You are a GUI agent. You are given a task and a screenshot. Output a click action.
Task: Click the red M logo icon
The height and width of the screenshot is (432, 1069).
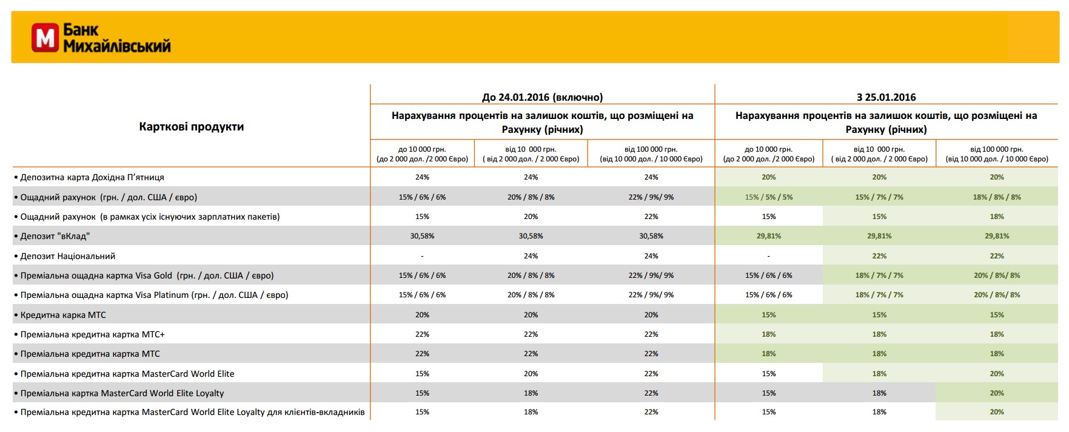click(x=45, y=38)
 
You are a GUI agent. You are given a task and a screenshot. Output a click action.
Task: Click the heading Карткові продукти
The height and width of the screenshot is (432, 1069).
click(x=192, y=127)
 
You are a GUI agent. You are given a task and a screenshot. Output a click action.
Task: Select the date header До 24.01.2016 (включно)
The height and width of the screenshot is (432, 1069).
click(x=543, y=97)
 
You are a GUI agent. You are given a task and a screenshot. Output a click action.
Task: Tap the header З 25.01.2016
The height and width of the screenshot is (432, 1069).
click(x=886, y=97)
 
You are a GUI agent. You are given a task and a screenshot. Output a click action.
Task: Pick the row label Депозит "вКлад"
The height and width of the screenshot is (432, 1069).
click(x=55, y=236)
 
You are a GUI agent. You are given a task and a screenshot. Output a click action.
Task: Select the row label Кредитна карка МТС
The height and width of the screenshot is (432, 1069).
click(x=63, y=315)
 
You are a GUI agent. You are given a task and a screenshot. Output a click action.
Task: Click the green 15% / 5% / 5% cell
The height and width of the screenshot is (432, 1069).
click(x=769, y=197)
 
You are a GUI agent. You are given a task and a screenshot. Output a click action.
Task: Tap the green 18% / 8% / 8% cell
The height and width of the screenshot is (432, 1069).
click(x=997, y=197)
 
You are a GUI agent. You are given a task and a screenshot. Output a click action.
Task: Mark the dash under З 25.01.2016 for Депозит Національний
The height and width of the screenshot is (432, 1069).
click(x=769, y=256)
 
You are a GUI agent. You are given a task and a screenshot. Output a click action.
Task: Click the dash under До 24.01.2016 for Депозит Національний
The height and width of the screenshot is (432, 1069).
click(x=422, y=256)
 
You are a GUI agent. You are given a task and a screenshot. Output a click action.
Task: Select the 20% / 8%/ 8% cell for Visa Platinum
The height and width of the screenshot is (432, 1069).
click(x=997, y=295)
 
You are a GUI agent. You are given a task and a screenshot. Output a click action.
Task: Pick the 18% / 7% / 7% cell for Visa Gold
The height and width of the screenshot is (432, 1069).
click(x=879, y=275)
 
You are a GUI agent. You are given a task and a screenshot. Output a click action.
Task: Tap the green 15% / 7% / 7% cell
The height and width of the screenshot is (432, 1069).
click(x=879, y=197)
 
